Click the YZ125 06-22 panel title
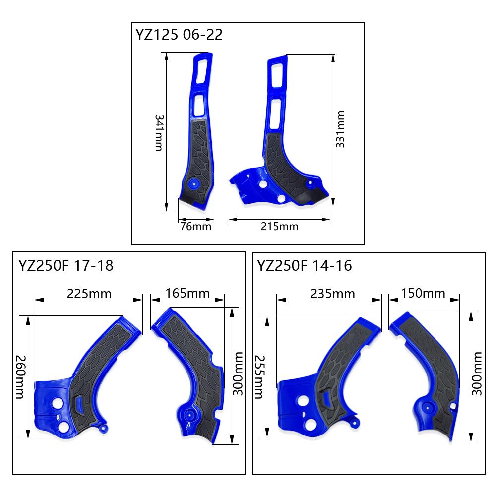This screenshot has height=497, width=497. point(179,34)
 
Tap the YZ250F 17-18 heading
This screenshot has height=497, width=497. point(66,266)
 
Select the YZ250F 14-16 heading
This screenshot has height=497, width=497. point(304,266)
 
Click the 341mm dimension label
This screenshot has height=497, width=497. point(159,132)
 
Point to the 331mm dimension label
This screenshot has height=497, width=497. point(340,129)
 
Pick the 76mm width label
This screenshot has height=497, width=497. point(195,226)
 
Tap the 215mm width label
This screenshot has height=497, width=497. point(280,226)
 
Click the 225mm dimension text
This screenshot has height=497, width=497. point(89,294)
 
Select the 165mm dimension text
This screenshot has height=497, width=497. point(187,293)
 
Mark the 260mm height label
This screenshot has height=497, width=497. point(20,376)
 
